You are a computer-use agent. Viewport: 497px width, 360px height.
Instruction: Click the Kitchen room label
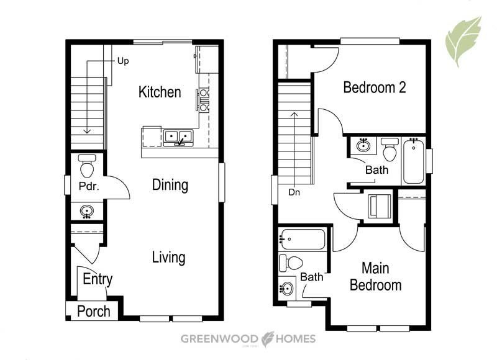click(160, 92)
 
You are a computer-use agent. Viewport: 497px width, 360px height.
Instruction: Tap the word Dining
click(170, 185)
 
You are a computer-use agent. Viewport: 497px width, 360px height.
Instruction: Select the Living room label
click(168, 258)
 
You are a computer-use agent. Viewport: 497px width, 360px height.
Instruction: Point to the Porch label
click(94, 311)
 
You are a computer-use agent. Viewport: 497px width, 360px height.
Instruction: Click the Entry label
click(98, 279)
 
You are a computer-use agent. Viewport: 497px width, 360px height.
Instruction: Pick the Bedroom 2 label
click(375, 88)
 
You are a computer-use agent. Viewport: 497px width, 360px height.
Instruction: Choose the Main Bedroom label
click(376, 277)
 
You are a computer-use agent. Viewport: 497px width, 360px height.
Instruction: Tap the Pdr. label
click(89, 186)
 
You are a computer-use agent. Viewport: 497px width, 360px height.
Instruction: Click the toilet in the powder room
click(87, 166)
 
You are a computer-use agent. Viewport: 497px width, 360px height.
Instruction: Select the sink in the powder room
click(86, 211)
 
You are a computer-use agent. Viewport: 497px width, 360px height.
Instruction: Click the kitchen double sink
click(178, 137)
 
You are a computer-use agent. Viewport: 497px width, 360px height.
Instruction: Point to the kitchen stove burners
click(204, 100)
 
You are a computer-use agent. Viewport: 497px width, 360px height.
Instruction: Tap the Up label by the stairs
click(123, 61)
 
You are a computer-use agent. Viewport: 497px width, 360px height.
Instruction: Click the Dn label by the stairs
click(294, 192)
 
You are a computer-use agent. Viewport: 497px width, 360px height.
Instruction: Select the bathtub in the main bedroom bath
click(303, 239)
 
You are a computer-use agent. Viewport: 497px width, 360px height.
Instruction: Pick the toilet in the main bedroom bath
click(291, 263)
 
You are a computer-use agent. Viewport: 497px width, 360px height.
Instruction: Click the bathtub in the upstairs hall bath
click(414, 161)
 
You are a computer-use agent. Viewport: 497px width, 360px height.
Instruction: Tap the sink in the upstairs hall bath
click(363, 146)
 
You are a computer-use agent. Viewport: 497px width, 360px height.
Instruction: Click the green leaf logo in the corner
click(463, 41)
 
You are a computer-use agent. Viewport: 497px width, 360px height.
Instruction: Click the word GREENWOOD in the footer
click(219, 339)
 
